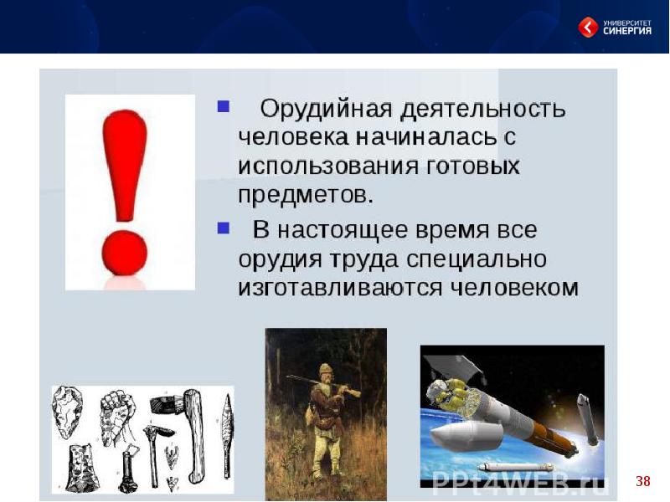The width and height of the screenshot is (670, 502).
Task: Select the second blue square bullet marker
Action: [224, 228]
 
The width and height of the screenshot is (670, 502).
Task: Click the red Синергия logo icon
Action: [589, 27]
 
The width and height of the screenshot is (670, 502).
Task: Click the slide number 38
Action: [642, 481]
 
